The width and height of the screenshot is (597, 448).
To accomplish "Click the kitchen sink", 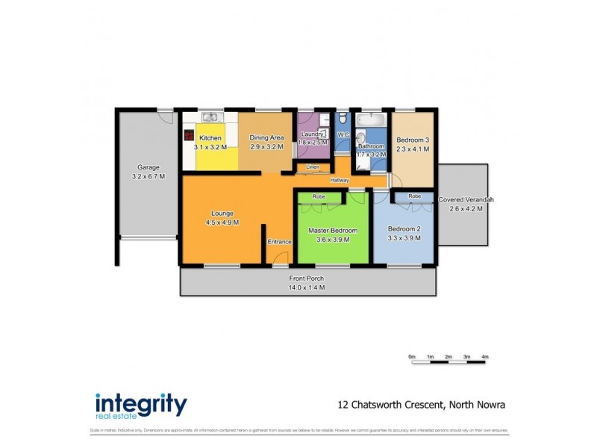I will tap(211, 116).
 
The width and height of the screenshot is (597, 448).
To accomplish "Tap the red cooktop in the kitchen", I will tap(190, 136).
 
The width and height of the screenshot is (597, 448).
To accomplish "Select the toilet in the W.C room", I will tap(342, 119).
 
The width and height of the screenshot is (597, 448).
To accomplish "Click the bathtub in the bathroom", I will tap(370, 119).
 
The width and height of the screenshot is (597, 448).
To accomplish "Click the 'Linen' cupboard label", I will tap(313, 167).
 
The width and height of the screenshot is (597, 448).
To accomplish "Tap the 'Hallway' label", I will tap(341, 180).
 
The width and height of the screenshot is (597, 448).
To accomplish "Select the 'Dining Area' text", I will tap(266, 138).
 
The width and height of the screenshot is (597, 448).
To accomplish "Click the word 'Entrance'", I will tap(280, 241).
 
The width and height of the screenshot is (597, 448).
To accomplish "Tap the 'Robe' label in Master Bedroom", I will tap(319, 196).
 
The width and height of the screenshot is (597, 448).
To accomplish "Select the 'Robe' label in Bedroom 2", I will tap(414, 196).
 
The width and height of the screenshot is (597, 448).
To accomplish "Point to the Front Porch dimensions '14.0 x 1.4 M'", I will tap(307, 287).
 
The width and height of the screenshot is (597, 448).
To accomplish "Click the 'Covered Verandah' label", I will tap(466, 200).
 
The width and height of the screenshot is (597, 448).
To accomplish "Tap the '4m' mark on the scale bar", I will tap(485, 358).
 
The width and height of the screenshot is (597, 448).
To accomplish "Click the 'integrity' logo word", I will tap(141, 404).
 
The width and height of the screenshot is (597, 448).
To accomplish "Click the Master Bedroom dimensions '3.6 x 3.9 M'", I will tap(333, 240).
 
